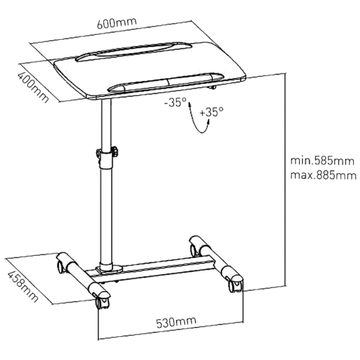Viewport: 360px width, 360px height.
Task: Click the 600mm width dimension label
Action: tap(117, 22)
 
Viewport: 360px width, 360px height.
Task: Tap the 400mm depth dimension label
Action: tap(33, 87)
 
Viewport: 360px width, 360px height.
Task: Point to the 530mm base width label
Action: tap(176, 322)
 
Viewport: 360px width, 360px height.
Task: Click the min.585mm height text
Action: tap(322, 161)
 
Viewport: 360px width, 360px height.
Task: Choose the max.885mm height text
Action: tap(324, 175)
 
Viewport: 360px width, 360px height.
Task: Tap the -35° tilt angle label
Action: tap(175, 102)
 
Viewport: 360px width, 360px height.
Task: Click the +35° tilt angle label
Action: tap(211, 112)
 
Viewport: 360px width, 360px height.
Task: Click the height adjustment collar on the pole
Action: tap(107, 158)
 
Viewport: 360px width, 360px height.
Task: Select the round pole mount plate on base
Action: tap(109, 268)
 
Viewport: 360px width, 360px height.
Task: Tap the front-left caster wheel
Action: tap(101, 303)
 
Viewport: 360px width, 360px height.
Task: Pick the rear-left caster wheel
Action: tap(62, 267)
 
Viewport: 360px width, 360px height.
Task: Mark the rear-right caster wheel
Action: tap(194, 250)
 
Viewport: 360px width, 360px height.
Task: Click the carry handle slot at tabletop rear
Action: tap(134, 51)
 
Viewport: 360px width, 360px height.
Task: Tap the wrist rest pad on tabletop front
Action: tap(166, 82)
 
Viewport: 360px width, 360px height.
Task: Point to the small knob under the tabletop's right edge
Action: tap(213, 87)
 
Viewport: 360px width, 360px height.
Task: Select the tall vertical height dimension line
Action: tap(285, 180)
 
